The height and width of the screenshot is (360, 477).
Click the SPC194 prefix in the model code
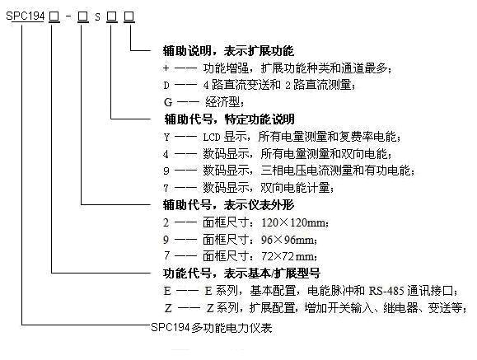(26, 16)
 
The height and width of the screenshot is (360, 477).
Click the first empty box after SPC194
(54, 16)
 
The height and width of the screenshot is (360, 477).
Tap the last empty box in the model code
(129, 16)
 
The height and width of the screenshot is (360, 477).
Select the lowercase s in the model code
(97, 17)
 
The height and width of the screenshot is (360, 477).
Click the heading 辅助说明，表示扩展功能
(228, 51)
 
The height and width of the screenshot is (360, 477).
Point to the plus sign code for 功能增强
(166, 68)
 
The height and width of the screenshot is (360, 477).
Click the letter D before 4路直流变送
(166, 85)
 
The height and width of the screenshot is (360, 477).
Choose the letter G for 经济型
(168, 102)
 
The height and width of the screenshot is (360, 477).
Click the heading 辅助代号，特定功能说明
(229, 119)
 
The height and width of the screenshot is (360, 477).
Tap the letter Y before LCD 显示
(166, 138)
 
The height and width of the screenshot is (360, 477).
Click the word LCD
(212, 138)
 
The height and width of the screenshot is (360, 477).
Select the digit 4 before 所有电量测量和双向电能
(166, 154)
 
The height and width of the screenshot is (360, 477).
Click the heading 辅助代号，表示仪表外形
(228, 205)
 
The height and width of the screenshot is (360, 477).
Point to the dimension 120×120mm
(295, 222)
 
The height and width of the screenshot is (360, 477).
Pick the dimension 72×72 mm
(289, 256)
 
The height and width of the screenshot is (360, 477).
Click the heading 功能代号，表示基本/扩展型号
(241, 274)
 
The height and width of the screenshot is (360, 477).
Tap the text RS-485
(386, 291)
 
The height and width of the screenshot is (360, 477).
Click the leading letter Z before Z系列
(168, 308)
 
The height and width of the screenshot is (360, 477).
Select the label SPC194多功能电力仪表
(212, 328)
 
